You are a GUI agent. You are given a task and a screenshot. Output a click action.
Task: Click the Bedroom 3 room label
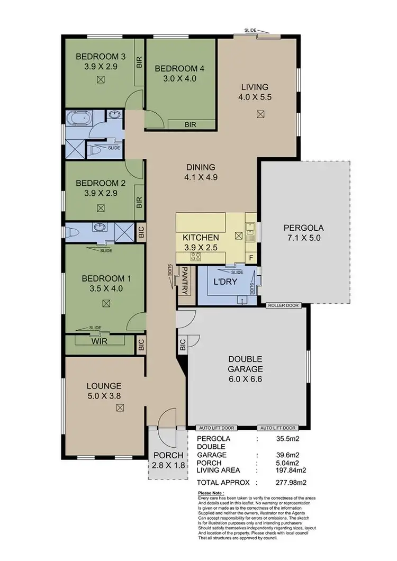100,57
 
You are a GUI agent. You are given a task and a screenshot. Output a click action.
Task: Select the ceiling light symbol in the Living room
260,114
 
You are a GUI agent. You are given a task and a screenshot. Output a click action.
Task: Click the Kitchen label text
201,237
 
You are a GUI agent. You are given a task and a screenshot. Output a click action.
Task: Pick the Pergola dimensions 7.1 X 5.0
303,238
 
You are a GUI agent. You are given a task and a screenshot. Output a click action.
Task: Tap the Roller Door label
283,305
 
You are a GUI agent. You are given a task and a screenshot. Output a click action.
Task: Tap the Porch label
168,455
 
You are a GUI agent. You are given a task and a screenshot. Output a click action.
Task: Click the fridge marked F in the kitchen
251,258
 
